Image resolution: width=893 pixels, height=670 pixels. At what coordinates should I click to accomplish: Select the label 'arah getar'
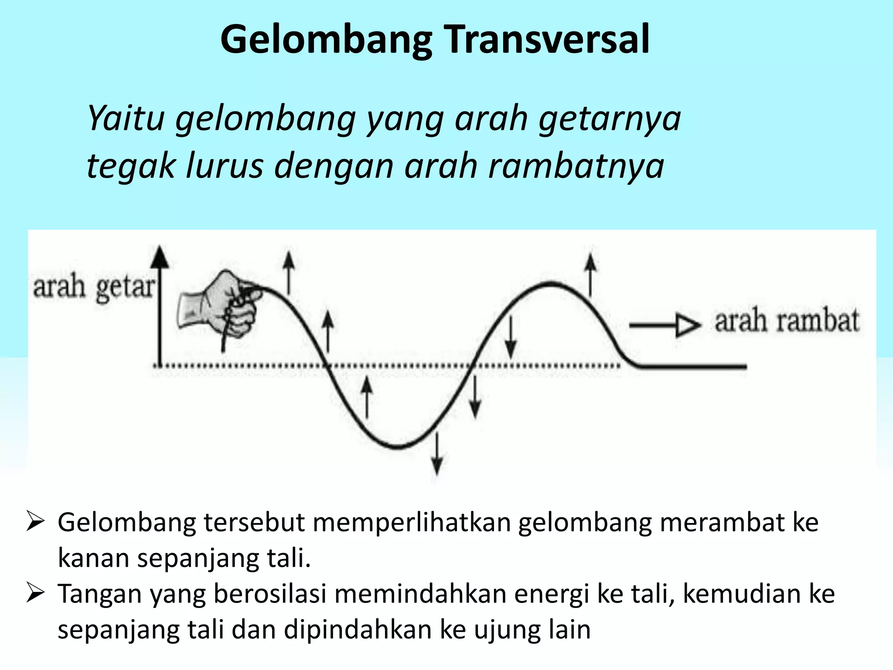click(94, 288)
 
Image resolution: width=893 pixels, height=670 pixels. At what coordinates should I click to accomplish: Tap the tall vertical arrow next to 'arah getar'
click(161, 305)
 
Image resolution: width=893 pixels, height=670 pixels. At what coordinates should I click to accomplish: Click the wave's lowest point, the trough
click(398, 446)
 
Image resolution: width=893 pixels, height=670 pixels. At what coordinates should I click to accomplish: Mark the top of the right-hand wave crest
click(551, 284)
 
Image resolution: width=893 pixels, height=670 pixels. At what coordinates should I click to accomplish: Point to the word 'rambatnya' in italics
click(576, 166)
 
